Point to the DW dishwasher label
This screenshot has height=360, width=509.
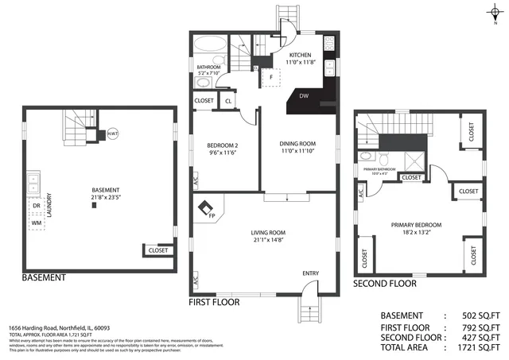[304, 96]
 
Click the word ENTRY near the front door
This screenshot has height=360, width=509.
[310, 274]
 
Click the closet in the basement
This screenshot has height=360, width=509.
[157, 250]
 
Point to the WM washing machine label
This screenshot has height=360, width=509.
[37, 223]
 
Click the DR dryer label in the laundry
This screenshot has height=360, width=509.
[37, 204]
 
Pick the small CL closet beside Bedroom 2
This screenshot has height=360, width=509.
[228, 101]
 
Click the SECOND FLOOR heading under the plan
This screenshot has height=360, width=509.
[384, 283]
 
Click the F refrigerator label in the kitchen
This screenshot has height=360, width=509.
[273, 77]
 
